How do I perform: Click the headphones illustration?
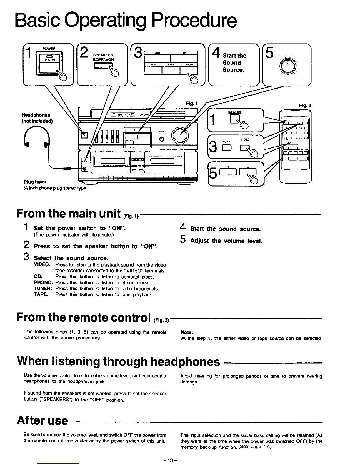tap(37, 139)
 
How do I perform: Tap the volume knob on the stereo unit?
tap(180, 135)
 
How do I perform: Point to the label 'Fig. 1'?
tap(191, 103)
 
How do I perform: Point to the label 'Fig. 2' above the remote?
tap(305, 105)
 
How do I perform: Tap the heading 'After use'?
tap(42, 420)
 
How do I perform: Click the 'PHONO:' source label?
tap(43, 283)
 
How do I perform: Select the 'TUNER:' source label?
tap(43, 289)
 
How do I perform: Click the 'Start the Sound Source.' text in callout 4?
tap(234, 63)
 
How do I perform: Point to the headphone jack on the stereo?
tap(85, 169)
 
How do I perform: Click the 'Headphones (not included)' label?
tap(37, 118)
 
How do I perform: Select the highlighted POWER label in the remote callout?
tap(234, 112)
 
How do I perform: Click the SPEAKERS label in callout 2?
tap(103, 55)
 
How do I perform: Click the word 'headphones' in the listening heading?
tap(185, 362)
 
